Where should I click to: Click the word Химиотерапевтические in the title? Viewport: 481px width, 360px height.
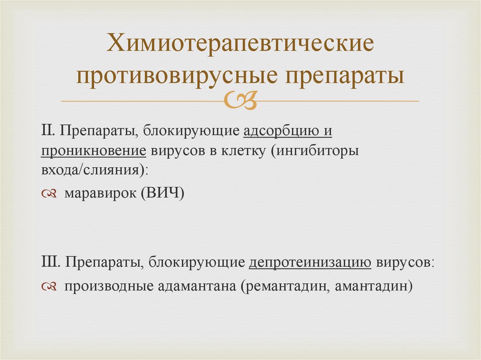tap(240, 42)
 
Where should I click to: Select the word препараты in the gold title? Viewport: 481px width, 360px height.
tap(344, 76)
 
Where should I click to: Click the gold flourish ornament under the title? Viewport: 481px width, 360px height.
tap(240, 100)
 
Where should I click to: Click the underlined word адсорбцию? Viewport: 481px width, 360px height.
tap(281, 131)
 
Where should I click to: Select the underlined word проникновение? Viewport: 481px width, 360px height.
tap(93, 151)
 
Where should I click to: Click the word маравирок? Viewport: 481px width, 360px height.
tap(101, 194)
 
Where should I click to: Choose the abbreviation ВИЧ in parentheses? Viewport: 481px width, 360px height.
tap(163, 193)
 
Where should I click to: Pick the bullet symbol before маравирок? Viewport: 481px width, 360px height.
tap(49, 193)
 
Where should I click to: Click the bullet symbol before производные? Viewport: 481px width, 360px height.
tap(49, 286)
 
